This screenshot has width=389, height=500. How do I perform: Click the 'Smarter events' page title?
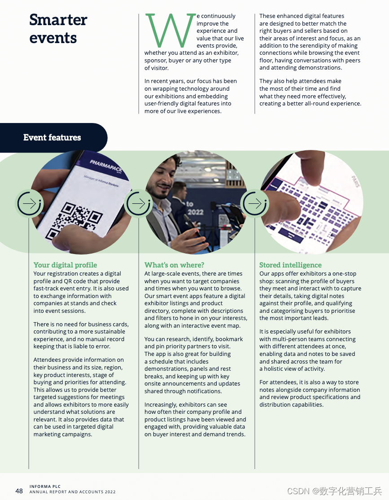pyautogui.click(x=58, y=29)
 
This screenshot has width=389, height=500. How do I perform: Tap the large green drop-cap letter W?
pyautogui.click(x=170, y=30)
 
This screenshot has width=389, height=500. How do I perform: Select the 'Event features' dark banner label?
pyautogui.click(x=52, y=137)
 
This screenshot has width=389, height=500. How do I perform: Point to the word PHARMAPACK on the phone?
pyautogui.click(x=106, y=166)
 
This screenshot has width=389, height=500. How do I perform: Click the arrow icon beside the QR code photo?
pyautogui.click(x=30, y=203)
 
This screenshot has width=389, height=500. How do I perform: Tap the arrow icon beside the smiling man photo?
pyautogui.click(x=138, y=203)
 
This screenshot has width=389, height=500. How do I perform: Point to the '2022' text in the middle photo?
pyautogui.click(x=195, y=212)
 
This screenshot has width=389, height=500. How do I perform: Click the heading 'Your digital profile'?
pyautogui.click(x=66, y=265)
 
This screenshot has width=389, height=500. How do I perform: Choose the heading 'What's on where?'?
pyautogui.click(x=175, y=265)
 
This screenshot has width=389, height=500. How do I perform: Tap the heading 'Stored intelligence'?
pyautogui.click(x=290, y=265)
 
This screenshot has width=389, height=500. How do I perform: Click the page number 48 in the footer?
pyautogui.click(x=19, y=491)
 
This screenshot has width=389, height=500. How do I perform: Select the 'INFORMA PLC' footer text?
pyautogui.click(x=45, y=486)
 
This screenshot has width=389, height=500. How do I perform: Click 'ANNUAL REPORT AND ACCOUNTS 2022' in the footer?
pyautogui.click(x=72, y=492)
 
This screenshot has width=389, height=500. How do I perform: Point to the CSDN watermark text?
pyautogui.click(x=334, y=491)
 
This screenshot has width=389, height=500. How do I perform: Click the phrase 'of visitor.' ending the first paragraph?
pyautogui.click(x=157, y=68)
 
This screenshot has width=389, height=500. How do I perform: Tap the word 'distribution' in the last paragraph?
pyautogui.click(x=275, y=405)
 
